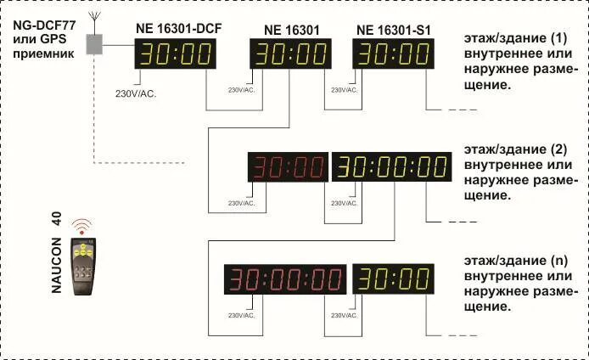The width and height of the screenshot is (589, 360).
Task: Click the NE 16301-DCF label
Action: pos(177,30)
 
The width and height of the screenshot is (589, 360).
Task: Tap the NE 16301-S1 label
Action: pos(394,30)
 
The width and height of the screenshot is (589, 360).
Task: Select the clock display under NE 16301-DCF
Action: pos(177,54)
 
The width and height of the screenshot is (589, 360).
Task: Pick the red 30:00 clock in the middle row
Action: pos(287,167)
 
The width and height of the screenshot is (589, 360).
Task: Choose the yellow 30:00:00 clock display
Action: pos(391,166)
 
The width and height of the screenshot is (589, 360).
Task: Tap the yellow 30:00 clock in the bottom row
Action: pos(394,278)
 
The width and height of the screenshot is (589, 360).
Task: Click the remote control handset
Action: pos(83,265)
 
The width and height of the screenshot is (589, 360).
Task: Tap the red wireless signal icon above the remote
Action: pos(82,227)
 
